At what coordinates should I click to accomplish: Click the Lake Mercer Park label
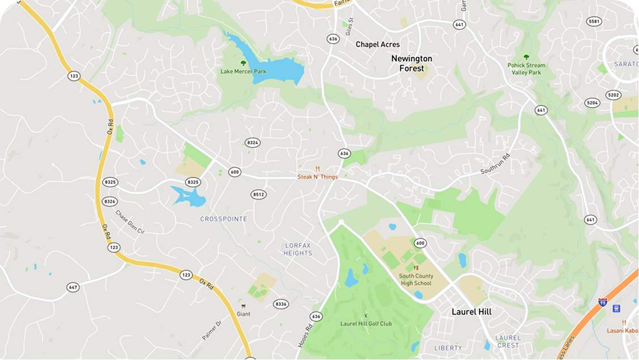coord(243,72)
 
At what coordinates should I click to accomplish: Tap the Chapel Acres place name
coord(377,44)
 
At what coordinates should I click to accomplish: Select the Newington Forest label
coord(412,63)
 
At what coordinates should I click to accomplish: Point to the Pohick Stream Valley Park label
coord(526,69)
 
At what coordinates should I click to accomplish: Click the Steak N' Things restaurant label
coord(317,177)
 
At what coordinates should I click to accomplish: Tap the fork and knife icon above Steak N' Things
coord(318,169)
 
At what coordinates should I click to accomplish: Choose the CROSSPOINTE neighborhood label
coord(224,219)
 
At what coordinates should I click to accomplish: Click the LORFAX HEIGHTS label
coord(298,249)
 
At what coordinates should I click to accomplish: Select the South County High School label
coord(415,279)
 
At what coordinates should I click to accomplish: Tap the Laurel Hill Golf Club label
coord(366,324)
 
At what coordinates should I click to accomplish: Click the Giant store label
coord(244,314)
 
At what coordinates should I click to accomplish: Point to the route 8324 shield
coord(253,143)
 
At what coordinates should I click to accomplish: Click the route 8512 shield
coord(258,194)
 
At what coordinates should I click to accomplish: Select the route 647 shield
coord(73,287)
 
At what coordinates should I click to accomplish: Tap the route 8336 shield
coord(281,304)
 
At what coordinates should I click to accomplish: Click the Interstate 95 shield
coord(603,301)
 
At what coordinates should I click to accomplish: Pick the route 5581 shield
coord(594,22)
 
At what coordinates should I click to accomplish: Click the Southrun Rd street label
coord(496,163)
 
